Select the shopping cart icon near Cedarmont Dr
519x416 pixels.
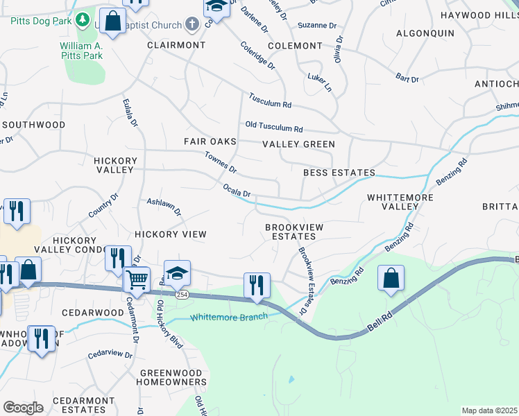pyautogui.click(x=137, y=280)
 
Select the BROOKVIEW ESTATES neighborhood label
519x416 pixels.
pyautogui.click(x=291, y=232)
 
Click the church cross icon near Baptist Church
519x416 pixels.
pyautogui.click(x=192, y=24)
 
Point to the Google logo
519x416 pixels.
pyautogui.click(x=23, y=408)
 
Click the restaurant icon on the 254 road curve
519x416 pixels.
pyautogui.click(x=257, y=285)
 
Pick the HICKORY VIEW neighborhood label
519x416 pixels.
pyautogui.click(x=171, y=234)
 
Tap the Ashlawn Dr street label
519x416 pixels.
pyautogui.click(x=164, y=206)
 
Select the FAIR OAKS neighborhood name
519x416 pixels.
pyautogui.click(x=210, y=141)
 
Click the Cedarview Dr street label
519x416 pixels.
pyautogui.click(x=110, y=354)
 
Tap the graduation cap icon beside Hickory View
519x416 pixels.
pyautogui.click(x=177, y=273)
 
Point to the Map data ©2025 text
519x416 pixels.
pyautogui.click(x=489, y=410)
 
